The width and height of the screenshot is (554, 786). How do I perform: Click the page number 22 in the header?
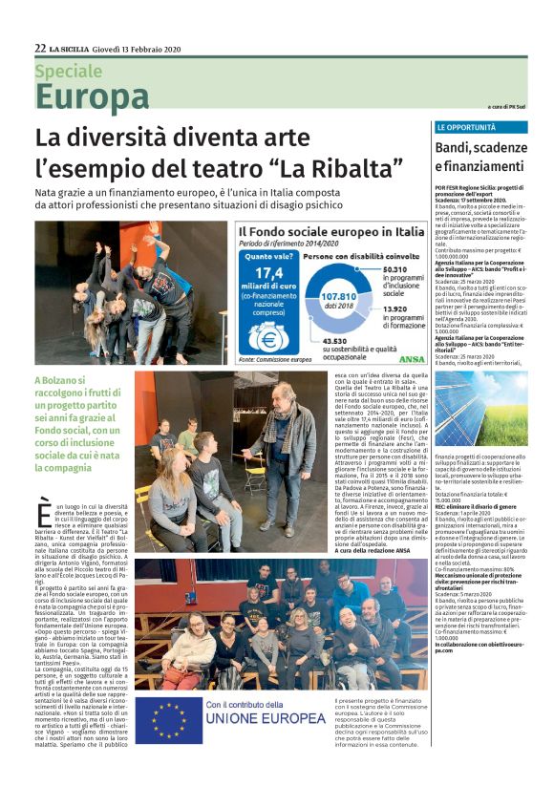tap(40, 47)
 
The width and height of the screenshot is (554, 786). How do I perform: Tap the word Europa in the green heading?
tap(92, 96)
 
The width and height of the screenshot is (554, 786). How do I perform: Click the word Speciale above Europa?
tap(69, 71)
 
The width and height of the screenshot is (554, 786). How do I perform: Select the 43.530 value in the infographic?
tap(331, 342)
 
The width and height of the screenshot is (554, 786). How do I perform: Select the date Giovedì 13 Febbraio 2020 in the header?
tap(139, 48)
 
